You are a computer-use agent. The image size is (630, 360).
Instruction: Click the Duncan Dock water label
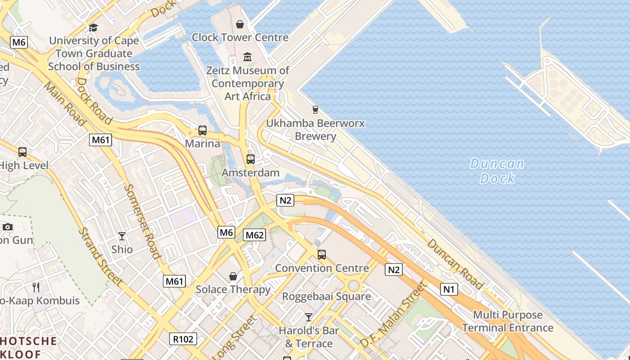pyautogui.click(x=497, y=171)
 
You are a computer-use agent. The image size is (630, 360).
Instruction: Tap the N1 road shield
pyautogui.click(x=449, y=289)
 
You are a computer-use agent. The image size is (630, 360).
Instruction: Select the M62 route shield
pyautogui.click(x=254, y=234)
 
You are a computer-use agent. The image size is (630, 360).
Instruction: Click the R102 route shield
pyautogui.click(x=183, y=339)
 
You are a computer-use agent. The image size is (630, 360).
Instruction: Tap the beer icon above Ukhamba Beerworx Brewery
pyautogui.click(x=315, y=109)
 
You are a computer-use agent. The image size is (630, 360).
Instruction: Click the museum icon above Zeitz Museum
pyautogui.click(x=247, y=57)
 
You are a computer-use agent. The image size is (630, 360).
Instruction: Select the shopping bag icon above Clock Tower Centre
pyautogui.click(x=240, y=24)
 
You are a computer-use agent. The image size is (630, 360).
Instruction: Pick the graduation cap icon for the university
pyautogui.click(x=93, y=27)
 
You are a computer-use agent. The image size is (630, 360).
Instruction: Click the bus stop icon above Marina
pyautogui.click(x=202, y=130)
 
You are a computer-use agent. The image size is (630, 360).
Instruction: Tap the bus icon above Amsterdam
pyautogui.click(x=251, y=159)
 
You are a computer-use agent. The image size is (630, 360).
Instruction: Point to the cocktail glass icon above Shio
pyautogui.click(x=122, y=236)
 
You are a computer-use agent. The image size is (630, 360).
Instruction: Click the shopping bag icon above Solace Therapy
pyautogui.click(x=233, y=276)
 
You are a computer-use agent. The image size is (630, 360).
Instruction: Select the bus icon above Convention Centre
pyautogui.click(x=322, y=255)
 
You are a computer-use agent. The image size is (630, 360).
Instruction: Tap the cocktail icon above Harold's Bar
pyautogui.click(x=308, y=317)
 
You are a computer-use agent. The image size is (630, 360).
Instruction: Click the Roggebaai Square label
pyautogui.click(x=326, y=297)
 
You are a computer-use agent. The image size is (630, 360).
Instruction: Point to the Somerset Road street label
pyautogui.click(x=143, y=221)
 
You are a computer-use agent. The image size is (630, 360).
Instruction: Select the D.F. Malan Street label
pyautogui.click(x=393, y=315)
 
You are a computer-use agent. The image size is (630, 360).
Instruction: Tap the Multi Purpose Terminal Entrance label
pyautogui.click(x=508, y=321)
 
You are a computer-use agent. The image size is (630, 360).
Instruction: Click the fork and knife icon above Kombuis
pyautogui.click(x=36, y=287)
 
